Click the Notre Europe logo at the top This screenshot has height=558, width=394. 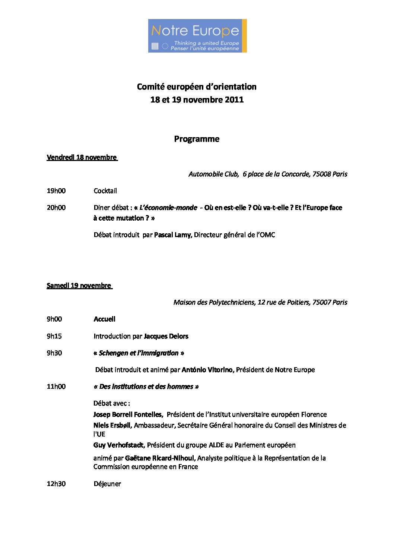click(x=197, y=36)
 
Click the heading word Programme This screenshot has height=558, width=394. click(x=197, y=139)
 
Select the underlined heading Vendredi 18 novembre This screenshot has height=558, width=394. click(x=82, y=157)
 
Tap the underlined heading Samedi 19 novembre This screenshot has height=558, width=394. click(x=79, y=286)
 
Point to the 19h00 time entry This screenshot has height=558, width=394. click(x=56, y=191)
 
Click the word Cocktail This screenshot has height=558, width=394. click(x=105, y=191)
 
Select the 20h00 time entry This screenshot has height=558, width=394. click(x=56, y=208)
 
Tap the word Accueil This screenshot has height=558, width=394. click(x=105, y=319)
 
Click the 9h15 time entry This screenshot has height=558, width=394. click(x=54, y=336)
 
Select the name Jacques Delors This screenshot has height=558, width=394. click(x=166, y=336)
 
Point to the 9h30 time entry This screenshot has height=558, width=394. click(x=54, y=353)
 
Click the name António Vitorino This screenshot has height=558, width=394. click(x=207, y=370)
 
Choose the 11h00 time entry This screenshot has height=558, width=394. click(x=56, y=387)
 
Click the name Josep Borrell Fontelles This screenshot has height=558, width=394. click(x=128, y=414)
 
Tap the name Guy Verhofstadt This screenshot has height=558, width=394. click(x=119, y=445)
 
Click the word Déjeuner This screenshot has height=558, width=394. click(x=107, y=484)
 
